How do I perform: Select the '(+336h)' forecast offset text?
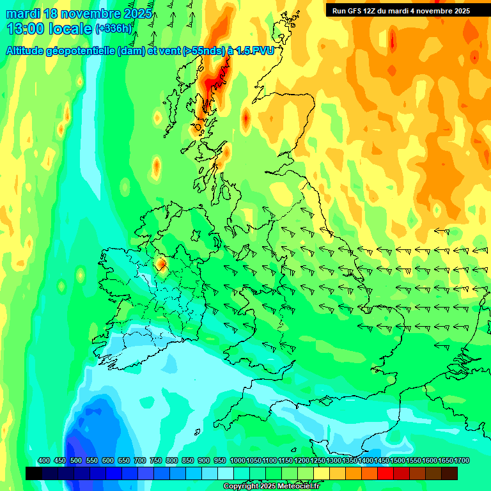[114, 29]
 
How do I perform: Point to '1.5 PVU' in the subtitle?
[254, 51]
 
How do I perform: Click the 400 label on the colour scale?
[44, 461]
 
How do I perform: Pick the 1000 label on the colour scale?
[237, 461]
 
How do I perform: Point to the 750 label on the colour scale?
[156, 461]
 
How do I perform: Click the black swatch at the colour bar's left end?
[34, 473]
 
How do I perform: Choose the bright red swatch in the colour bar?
[386, 473]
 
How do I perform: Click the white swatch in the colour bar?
[226, 473]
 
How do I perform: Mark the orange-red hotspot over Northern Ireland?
[160, 263]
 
